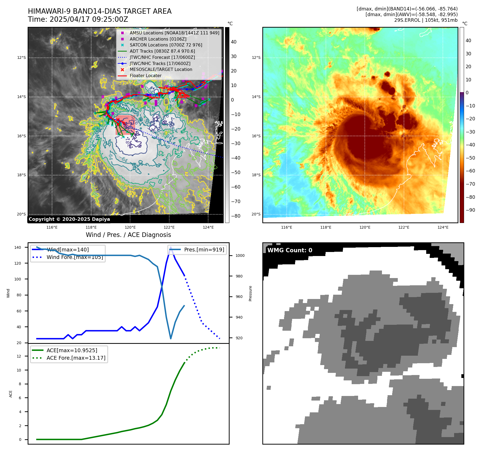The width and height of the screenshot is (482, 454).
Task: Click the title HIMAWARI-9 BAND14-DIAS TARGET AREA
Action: [100, 11]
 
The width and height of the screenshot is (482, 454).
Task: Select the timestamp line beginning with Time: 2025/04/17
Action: [78, 19]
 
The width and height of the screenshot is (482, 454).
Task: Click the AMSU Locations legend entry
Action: [174, 33]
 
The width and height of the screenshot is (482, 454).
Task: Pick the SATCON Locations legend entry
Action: [166, 45]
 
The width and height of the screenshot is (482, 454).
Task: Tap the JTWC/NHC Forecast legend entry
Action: [162, 57]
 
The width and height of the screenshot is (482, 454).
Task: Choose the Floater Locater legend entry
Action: [145, 75]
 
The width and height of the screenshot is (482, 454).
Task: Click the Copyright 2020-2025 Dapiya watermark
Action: [69, 219]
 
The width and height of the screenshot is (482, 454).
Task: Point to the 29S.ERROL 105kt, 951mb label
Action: [426, 20]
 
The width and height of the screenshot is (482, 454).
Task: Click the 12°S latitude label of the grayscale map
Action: [22, 57]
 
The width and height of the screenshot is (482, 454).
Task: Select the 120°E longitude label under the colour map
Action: [365, 227]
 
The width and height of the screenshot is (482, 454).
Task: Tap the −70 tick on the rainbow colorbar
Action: [470, 184]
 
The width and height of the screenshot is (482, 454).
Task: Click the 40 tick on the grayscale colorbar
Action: [234, 42]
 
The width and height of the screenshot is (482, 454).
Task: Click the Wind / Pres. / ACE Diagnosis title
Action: [128, 235]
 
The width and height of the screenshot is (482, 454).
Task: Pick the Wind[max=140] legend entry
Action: [68, 250]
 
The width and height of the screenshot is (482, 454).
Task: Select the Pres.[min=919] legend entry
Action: [204, 250]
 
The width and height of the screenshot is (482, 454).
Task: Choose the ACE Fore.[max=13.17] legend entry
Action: [76, 358]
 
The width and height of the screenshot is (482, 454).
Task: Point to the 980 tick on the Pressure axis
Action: [239, 276]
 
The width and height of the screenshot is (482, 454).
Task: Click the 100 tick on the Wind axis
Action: [18, 279]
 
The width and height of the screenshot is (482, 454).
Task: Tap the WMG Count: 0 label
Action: [290, 250]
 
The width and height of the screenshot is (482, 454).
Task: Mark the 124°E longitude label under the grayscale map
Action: [208, 227]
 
